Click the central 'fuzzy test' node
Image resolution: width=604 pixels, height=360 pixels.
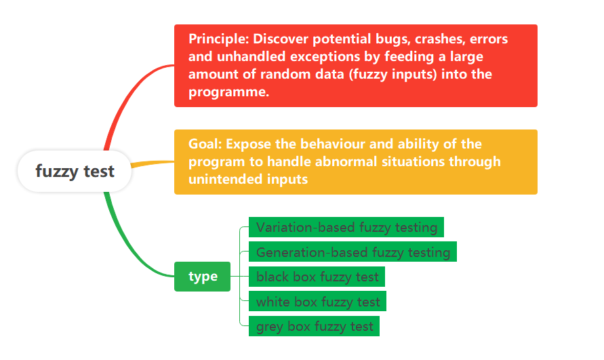coord(75,171)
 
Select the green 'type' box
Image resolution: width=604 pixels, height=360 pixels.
coord(202,277)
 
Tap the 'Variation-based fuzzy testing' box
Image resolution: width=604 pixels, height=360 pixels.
coord(346,227)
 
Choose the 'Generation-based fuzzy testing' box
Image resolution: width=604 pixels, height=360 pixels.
coord(353,252)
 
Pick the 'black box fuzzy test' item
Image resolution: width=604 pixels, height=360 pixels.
coord(317,277)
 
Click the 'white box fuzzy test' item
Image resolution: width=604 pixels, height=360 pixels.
coord(317,301)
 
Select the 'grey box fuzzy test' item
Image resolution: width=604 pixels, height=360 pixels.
coord(314,326)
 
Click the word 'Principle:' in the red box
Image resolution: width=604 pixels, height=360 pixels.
coord(218,39)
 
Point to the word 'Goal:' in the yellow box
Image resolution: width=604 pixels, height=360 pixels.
coord(205,144)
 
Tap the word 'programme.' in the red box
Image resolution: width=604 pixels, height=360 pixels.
coord(228,92)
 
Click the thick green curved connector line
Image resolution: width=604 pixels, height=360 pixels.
coord(127,247)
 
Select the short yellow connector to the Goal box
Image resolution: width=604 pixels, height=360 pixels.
coord(153,163)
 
